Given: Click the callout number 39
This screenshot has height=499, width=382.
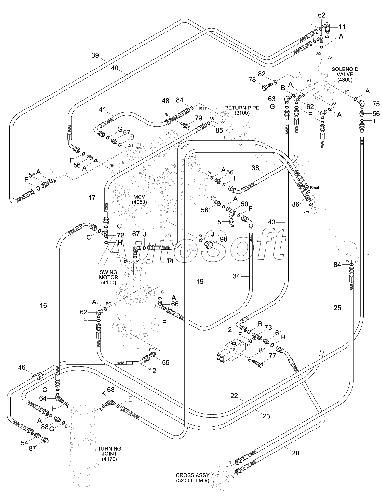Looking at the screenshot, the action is (95, 55).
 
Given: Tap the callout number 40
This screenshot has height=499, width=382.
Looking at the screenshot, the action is (115, 68).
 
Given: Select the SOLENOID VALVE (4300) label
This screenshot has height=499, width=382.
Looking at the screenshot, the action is (345, 74).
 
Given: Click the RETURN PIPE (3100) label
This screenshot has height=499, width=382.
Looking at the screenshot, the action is (242, 110).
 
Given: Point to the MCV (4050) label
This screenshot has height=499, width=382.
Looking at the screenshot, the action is (140, 199).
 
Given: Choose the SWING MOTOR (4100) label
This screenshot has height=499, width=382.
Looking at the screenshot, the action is (109, 277).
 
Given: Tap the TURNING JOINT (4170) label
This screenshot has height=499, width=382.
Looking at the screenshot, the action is (110, 454).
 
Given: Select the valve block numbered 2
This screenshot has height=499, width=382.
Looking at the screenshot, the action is (230, 351).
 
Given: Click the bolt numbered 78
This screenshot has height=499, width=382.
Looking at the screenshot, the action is (267, 87).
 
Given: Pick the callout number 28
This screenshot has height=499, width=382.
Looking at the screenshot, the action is (295, 453).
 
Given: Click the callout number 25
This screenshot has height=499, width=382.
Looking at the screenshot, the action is (337, 308).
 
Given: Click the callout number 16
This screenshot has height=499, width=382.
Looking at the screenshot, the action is (43, 305).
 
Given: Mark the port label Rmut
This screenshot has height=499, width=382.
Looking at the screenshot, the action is (314, 187).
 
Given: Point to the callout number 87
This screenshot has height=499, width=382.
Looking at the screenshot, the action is (32, 448).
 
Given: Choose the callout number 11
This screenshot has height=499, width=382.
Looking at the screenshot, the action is (342, 27).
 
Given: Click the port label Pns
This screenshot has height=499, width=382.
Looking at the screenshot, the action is (57, 181).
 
